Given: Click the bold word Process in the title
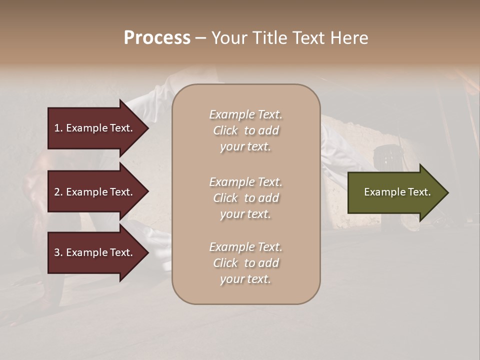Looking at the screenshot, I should pos(157,38).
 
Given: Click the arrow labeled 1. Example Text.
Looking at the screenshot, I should pos(95,128).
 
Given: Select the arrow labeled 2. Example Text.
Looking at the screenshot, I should pos(95,192).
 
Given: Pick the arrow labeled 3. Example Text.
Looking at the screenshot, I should pos(95,252).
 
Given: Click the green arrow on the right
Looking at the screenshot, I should pos(395,192).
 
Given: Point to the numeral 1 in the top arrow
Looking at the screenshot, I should pos(56,128).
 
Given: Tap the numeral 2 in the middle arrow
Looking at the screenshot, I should pos(56,192).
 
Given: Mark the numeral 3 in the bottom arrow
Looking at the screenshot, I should pos(56,252).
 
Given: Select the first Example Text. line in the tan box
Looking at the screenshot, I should pos(245,114).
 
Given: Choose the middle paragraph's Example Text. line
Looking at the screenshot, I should pos(245,182).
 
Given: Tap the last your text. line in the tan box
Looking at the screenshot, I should pos(245,279).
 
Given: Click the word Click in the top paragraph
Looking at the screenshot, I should pos(225,130).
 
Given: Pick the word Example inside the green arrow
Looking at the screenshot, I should pos(382,192).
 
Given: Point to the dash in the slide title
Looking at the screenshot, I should pos(200,38).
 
